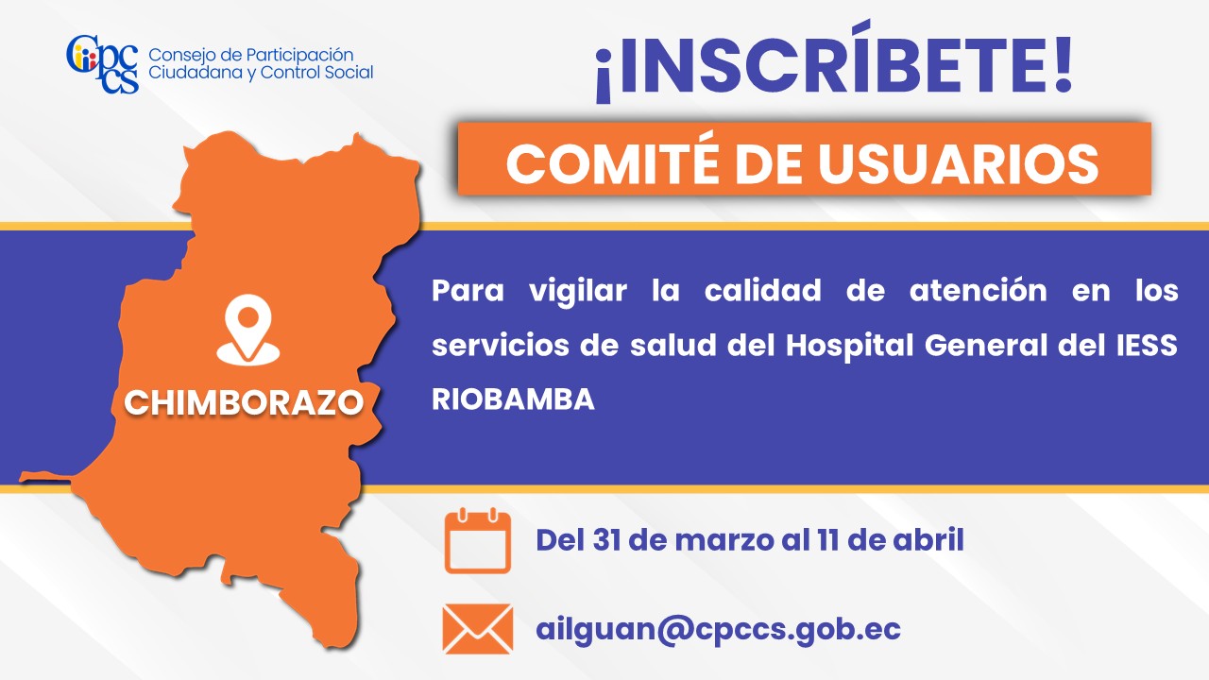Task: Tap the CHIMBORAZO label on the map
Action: point(244,402)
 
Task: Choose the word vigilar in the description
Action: point(578,293)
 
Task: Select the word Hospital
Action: point(849,347)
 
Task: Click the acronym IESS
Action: point(1147,346)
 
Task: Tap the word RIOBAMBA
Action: point(513,399)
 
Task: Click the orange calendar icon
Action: point(478,540)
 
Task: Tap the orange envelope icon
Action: point(478,629)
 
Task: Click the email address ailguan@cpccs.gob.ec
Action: point(718,630)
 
